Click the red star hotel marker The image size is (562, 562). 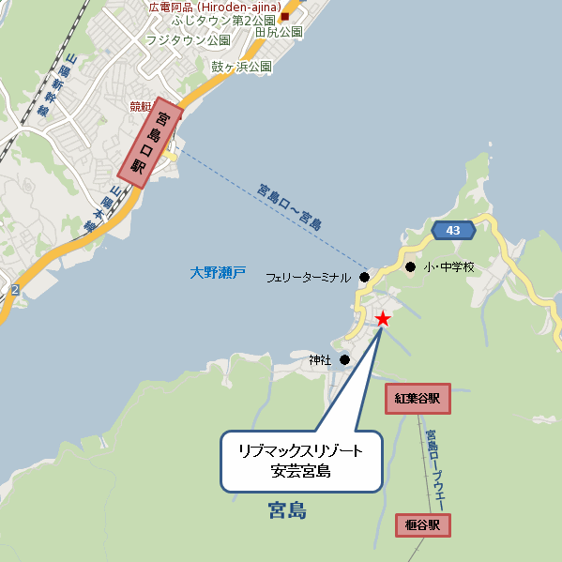[x=383, y=320]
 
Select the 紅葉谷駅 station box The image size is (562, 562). [x=418, y=399]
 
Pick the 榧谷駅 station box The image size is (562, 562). [x=423, y=524]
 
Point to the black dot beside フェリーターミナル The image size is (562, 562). [x=364, y=278]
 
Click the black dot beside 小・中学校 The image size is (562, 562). [x=410, y=267]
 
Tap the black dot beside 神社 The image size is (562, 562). [x=345, y=359]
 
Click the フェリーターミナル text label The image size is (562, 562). [x=308, y=279]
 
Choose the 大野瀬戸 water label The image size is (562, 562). [x=218, y=273]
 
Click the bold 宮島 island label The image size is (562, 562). [x=287, y=510]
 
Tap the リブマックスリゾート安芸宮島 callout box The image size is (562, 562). [x=302, y=461]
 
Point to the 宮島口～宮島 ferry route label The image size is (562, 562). [x=290, y=207]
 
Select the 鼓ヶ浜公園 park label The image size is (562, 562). [x=241, y=67]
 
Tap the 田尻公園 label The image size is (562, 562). [x=279, y=32]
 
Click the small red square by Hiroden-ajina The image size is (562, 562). [x=284, y=16]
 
